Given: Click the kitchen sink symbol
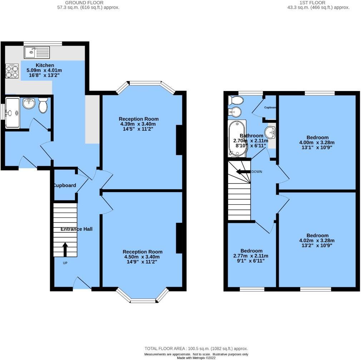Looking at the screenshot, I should (x=37, y=52).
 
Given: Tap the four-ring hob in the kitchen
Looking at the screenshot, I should (x=12, y=71).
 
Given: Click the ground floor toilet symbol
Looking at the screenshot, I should (x=43, y=106).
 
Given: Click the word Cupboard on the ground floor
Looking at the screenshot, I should (x=65, y=185).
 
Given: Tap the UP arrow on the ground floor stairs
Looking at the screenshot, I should (x=65, y=250).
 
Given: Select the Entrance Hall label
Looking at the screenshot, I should (x=76, y=229).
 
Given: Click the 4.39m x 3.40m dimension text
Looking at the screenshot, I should (x=138, y=124).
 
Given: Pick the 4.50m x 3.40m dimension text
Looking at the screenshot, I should (x=142, y=257).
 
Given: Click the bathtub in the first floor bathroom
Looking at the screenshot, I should (x=237, y=139).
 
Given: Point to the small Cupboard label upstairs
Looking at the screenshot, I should (x=270, y=107).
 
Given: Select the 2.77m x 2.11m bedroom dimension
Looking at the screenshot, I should (x=251, y=256).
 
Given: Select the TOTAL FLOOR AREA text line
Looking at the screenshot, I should (x=196, y=349).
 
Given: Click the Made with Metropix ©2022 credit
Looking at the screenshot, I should (x=196, y=357).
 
